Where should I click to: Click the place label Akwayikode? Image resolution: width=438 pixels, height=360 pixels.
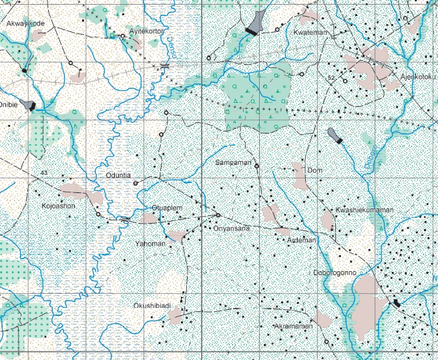point(25,23)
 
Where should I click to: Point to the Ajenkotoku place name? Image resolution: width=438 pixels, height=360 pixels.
point(417,76)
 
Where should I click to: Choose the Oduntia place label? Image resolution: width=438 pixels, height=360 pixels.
point(120,176)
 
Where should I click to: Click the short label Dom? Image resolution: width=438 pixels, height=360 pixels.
point(315,171)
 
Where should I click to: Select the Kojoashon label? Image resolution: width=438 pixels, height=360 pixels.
point(59,206)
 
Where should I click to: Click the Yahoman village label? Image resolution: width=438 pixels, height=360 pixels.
point(150,244)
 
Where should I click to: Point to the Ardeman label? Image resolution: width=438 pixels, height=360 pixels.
point(299,238)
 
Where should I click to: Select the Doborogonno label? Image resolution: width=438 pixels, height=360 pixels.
point(335,273)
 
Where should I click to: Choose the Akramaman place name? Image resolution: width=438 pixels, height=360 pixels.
point(294,327)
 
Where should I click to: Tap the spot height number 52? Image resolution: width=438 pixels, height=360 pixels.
point(331,78)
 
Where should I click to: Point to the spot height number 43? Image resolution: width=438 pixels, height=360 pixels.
point(44,173)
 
